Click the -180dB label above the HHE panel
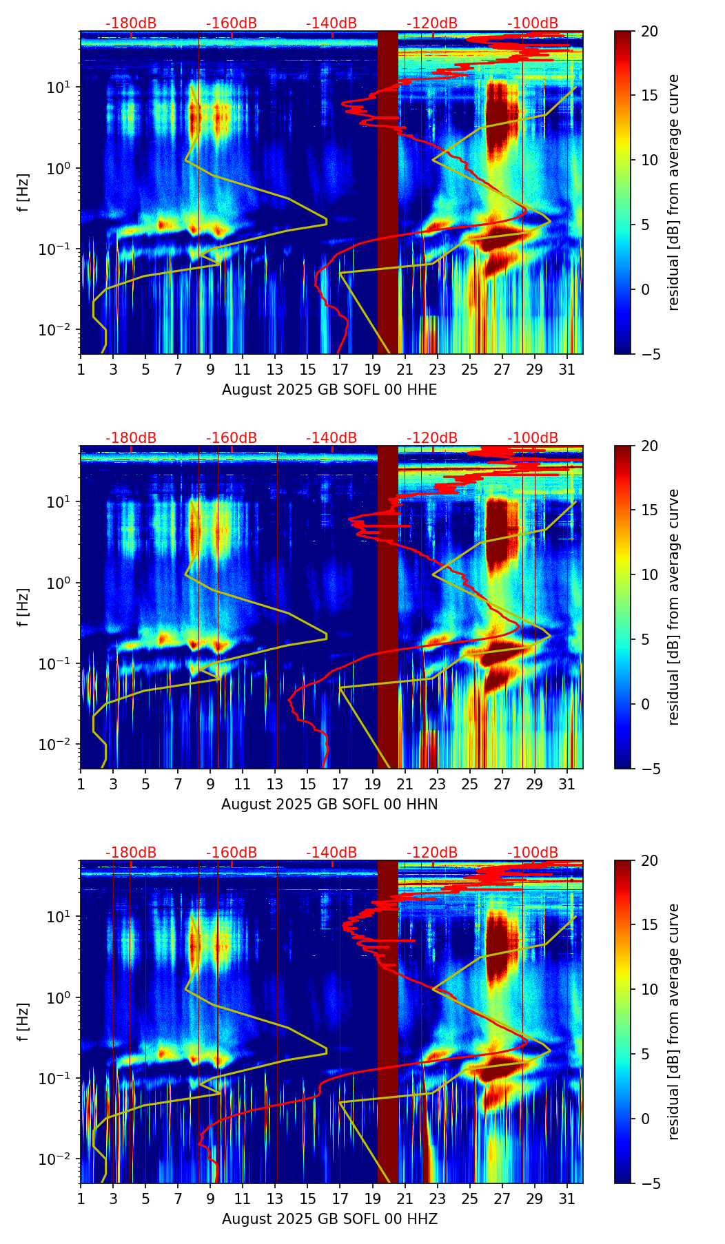(x=131, y=23)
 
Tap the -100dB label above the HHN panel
(x=533, y=438)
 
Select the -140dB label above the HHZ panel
(x=331, y=853)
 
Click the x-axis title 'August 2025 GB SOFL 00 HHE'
(x=329, y=390)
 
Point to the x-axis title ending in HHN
(x=329, y=804)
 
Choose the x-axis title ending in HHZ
(x=329, y=1219)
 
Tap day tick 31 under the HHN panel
(x=567, y=784)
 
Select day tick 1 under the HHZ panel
(x=81, y=1199)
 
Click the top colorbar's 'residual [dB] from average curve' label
(x=674, y=192)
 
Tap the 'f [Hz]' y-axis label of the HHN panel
(x=23, y=607)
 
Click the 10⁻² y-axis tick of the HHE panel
(x=54, y=330)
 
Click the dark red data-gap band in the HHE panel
(x=388, y=192)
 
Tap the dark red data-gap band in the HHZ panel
(x=388, y=1022)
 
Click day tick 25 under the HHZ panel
(x=470, y=1199)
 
